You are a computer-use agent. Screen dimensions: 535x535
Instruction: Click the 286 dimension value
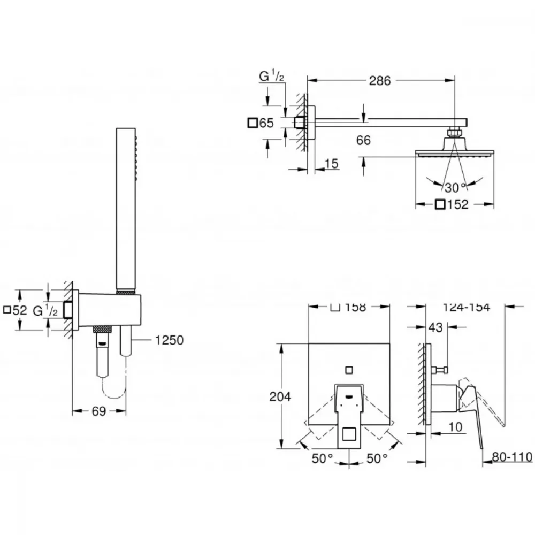pyautogui.click(x=380, y=81)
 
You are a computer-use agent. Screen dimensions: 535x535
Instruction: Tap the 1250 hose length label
pyautogui.click(x=169, y=340)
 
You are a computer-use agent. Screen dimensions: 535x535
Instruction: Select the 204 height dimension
pyautogui.click(x=280, y=396)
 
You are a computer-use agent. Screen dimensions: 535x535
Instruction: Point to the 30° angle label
pyautogui.click(x=455, y=187)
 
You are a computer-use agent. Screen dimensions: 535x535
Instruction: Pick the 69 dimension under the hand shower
pyautogui.click(x=98, y=411)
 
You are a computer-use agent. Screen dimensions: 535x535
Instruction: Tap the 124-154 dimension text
pyautogui.click(x=466, y=308)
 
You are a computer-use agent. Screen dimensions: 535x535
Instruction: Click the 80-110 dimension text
pyautogui.click(x=512, y=456)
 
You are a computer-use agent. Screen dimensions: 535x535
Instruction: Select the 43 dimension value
pyautogui.click(x=435, y=327)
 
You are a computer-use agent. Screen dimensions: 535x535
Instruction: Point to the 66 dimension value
pyautogui.click(x=363, y=140)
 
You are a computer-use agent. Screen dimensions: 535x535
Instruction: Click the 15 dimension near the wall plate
pyautogui.click(x=331, y=163)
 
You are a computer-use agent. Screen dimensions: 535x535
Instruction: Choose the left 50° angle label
pyautogui.click(x=322, y=458)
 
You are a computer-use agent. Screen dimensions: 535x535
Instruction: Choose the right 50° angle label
pyautogui.click(x=377, y=458)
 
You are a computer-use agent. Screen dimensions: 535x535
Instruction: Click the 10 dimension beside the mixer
pyautogui.click(x=455, y=426)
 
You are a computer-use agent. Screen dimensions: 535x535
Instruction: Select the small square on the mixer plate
pyautogui.click(x=349, y=370)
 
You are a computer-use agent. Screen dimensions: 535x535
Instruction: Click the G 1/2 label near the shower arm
pyautogui.click(x=272, y=76)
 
